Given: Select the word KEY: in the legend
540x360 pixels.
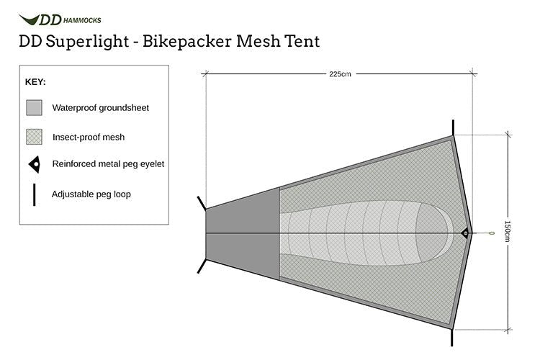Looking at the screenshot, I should pos(36,82).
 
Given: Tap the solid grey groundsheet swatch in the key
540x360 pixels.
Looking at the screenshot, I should pos(35,108).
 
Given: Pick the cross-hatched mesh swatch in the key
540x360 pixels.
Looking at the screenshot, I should pos(35,137).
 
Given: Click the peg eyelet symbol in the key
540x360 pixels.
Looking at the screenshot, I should pos(35,164).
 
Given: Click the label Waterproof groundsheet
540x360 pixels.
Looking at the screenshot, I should pos(101,108).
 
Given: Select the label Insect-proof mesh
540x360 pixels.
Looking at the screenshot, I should pos(89,137).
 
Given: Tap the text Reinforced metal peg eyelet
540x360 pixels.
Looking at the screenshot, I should pos(108,164).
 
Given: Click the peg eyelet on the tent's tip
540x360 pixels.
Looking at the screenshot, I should pos(464,233).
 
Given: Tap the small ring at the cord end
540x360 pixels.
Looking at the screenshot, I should pos(491,233).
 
